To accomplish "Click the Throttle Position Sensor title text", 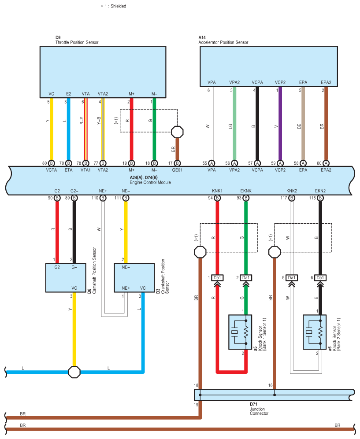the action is click(x=77, y=42).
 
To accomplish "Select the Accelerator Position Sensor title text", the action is click(x=223, y=42).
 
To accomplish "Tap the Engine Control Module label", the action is click(x=150, y=182).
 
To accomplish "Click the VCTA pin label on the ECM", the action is click(x=51, y=170).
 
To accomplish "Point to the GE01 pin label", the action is click(x=177, y=170).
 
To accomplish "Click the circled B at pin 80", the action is click(x=52, y=163).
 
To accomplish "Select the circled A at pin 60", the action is click(x=326, y=163).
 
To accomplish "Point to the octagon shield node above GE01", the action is click(x=177, y=132).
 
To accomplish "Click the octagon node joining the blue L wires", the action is click(x=74, y=372).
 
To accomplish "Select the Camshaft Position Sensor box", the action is click(x=66, y=278).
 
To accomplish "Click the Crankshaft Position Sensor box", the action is click(x=134, y=278).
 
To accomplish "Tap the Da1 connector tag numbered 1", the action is click(x=217, y=278).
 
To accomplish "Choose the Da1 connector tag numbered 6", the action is click(x=320, y=278).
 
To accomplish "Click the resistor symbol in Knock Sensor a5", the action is click(x=246, y=332).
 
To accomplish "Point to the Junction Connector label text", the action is click(x=259, y=411).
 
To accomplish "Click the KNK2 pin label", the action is click(x=292, y=191).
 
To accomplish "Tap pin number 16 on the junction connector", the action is click(x=271, y=385).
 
